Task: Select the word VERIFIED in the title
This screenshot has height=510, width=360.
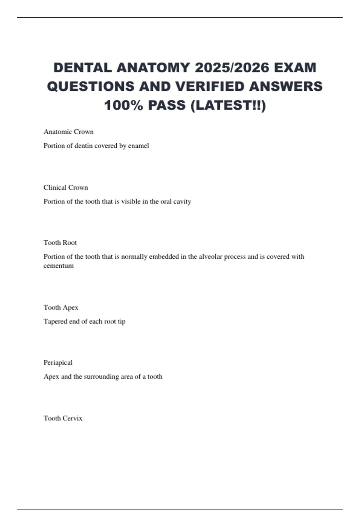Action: pos(210,87)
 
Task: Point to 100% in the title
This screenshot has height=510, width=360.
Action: pos(123,106)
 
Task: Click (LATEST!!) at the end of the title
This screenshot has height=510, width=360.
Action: pos(228,106)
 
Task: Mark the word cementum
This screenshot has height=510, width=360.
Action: pos(58,266)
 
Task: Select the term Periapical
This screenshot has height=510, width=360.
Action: pos(58,363)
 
